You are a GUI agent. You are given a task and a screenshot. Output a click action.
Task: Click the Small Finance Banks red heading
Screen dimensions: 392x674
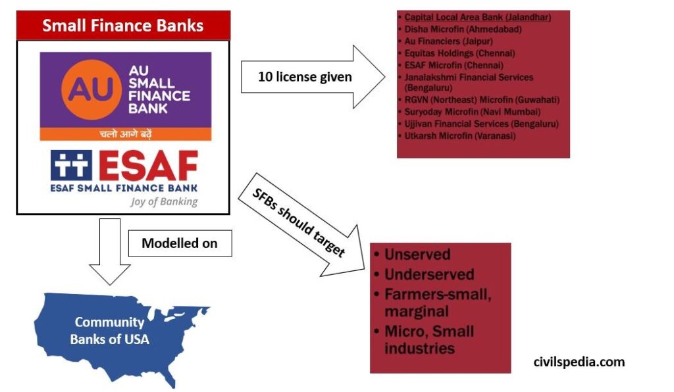click(123, 26)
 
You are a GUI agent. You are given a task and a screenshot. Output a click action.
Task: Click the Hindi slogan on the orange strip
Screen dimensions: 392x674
click(125, 134)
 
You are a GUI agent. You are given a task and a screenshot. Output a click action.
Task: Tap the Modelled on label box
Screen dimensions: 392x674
click(180, 243)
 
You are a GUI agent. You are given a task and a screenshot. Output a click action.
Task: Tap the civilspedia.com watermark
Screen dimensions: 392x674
click(579, 362)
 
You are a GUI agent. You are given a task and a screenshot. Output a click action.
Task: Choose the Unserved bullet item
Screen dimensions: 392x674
click(417, 255)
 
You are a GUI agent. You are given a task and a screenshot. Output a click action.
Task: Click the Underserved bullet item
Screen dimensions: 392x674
click(429, 274)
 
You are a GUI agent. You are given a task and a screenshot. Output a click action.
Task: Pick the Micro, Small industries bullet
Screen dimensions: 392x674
click(429, 339)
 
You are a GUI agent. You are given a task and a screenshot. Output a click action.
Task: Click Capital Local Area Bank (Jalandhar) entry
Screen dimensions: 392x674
click(478, 17)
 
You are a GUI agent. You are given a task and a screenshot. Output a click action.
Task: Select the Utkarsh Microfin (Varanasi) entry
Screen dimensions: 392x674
click(459, 136)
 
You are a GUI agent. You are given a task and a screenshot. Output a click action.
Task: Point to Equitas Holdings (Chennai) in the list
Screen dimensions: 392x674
click(459, 53)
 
